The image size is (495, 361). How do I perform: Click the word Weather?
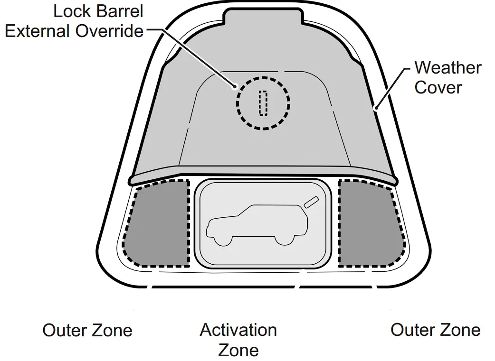tap(447, 68)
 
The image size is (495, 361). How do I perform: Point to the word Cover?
tap(438, 88)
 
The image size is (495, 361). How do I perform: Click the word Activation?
tap(238, 330)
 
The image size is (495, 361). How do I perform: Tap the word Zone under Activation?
tap(238, 350)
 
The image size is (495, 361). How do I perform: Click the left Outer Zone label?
tap(87, 330)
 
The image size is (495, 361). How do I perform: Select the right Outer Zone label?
tap(435, 330)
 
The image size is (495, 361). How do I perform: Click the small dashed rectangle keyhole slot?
tap(263, 103)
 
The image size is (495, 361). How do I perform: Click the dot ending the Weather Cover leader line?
tap(376, 109)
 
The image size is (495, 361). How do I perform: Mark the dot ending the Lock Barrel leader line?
tap(235, 86)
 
